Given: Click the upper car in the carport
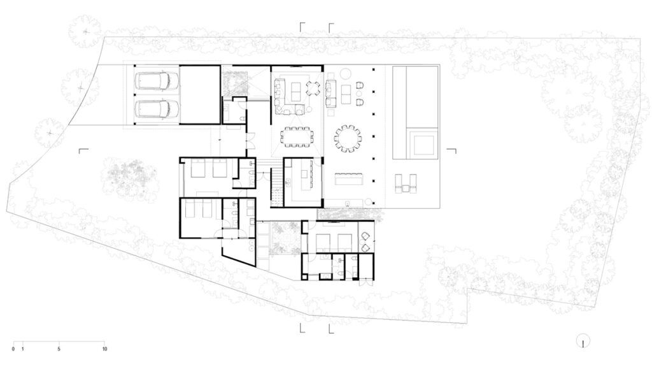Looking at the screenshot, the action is [157, 81].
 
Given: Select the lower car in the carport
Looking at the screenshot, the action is [157, 108].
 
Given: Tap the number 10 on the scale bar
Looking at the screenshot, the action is [105, 349].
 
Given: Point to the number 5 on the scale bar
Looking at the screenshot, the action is [59, 349].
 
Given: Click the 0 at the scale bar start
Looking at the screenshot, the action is [13, 349].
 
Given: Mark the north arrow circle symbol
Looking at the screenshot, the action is [583, 342].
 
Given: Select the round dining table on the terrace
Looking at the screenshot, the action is [348, 138].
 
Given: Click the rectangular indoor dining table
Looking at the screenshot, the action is [297, 136].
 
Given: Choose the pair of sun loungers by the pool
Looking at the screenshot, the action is [406, 183].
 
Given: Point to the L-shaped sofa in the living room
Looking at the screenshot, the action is [287, 99].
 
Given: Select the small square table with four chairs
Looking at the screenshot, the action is [313, 88].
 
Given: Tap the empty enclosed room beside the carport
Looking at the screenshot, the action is [199, 94].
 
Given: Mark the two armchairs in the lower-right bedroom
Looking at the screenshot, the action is [365, 242].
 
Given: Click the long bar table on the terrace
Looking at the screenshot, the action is [348, 178].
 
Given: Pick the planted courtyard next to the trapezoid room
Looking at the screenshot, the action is [285, 238].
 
